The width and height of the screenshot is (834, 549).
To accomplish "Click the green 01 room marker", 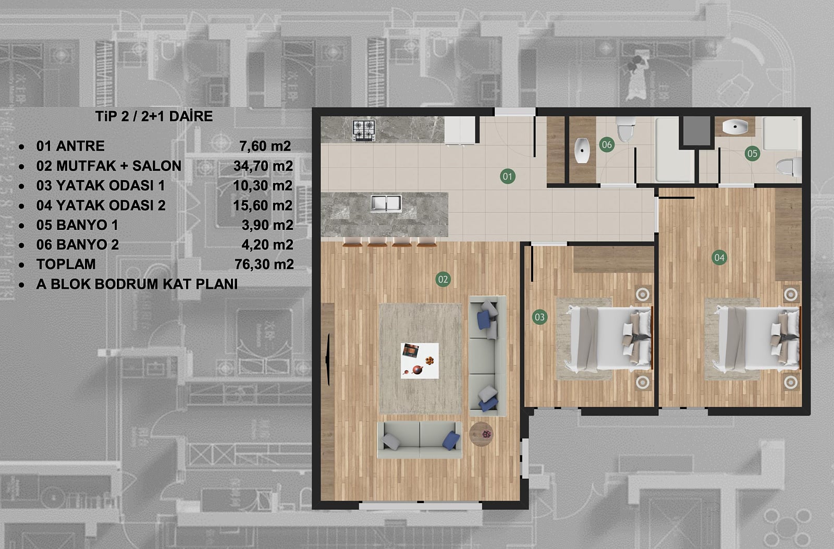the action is point(508,176).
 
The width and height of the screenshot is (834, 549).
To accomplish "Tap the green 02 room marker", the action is point(443,279).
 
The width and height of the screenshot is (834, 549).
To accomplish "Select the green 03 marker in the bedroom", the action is point(539,317).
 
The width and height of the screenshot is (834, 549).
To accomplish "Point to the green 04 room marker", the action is point(719,258).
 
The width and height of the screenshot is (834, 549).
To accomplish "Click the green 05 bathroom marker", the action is point(752,153).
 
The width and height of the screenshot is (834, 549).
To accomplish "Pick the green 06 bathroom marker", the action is point(607,144).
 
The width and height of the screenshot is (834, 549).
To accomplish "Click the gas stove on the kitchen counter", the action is point(364,130).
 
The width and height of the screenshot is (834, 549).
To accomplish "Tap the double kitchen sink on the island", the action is point(386,203).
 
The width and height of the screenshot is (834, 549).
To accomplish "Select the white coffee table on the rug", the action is point(420,361).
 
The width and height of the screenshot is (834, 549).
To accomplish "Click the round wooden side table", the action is point(481,434).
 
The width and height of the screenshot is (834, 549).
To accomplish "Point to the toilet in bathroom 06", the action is point(625,129).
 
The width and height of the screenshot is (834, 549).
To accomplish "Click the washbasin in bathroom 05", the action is point(735,127).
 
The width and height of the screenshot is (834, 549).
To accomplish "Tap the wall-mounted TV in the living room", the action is point(328,359).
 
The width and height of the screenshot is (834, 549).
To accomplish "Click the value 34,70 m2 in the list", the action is point(263,166).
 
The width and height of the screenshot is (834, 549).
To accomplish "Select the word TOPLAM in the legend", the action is point(66,264).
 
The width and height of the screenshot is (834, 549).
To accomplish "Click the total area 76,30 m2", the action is point(264,264).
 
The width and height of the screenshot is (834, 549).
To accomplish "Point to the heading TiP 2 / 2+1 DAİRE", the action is point(154,116).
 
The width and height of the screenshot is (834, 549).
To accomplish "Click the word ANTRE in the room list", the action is point(80,146).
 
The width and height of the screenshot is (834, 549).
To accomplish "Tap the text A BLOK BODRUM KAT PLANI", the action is point(137,284).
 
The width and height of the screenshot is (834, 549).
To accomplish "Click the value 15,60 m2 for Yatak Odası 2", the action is point(263,205).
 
